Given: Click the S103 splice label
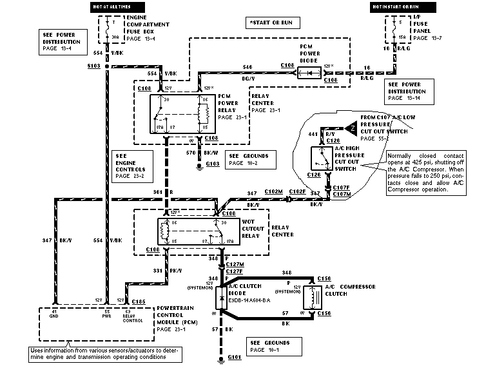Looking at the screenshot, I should (x=93, y=66).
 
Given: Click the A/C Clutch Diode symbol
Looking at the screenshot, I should (x=221, y=299).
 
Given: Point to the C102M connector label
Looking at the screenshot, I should (x=273, y=191).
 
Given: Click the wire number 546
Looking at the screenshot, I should (x=247, y=66).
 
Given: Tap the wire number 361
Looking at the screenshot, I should (x=157, y=192).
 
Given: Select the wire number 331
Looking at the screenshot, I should (x=157, y=271).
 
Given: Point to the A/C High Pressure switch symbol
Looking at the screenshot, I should (x=320, y=159).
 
